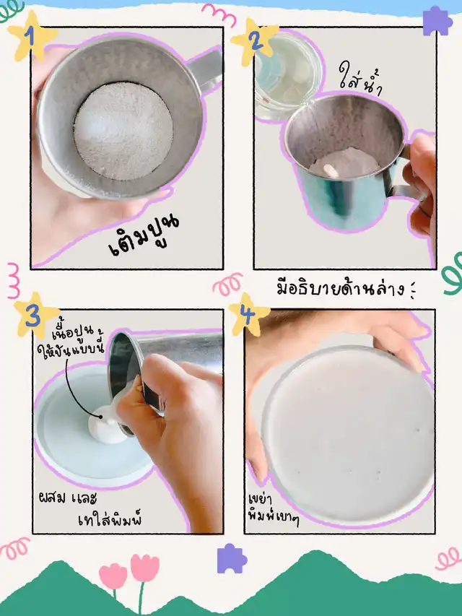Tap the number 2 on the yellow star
(256, 40)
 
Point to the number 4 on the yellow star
(248, 315)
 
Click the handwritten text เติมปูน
(144, 235)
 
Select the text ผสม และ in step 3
(68, 498)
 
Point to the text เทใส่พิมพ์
(110, 519)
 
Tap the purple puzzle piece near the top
(437, 21)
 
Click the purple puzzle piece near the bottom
(232, 558)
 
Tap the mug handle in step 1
(206, 71)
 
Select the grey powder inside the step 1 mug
(123, 131)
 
